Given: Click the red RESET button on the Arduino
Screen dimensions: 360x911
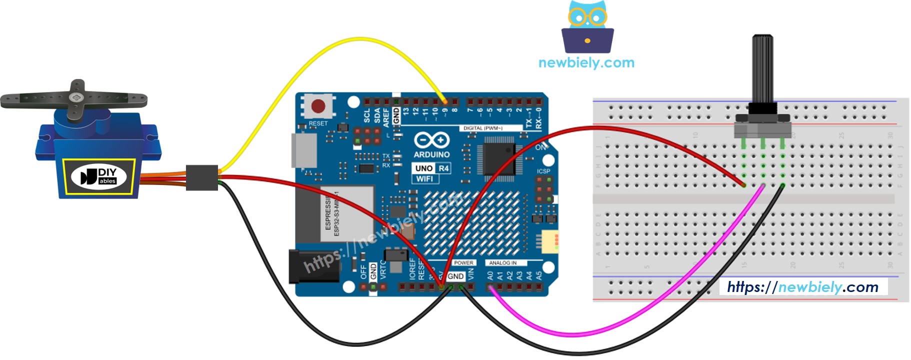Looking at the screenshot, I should coord(318,106).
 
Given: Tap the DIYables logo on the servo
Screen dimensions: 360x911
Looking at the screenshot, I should coord(98,176).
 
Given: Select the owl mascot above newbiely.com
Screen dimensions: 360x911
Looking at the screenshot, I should coord(587,27).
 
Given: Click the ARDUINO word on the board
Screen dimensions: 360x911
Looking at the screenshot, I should coord(431,155).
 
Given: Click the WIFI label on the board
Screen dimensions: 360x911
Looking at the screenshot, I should coord(424,179).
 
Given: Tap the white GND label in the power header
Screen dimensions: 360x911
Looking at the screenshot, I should coord(455,276).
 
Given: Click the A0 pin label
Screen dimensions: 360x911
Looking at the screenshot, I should coord(490,275).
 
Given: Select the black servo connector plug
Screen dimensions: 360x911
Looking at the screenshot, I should coord(202,177).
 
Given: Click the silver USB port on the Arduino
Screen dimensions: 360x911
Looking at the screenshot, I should coord(304,150).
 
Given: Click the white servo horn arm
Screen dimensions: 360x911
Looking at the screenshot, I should coord(75,99).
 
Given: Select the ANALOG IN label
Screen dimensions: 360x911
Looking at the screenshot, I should coord(502,263).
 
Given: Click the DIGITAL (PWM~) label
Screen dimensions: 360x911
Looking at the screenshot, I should coord(482,128).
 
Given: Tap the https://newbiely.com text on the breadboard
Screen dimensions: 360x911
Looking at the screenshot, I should coord(802,287).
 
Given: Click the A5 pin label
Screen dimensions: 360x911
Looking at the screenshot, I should coord(539,275).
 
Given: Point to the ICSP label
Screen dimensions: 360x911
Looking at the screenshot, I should coord(543,171).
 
